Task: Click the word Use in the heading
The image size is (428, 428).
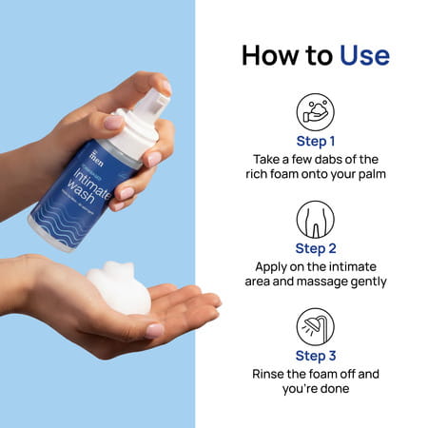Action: pos(364,54)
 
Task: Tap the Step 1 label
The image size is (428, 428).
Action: pos(316,142)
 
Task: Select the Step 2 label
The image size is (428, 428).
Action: pos(316,249)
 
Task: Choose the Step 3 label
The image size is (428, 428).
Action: pos(316,356)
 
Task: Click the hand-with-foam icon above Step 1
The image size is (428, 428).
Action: pos(316,111)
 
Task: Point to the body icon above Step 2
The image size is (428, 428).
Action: pos(316,219)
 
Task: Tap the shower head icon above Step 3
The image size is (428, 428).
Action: pos(316,325)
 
